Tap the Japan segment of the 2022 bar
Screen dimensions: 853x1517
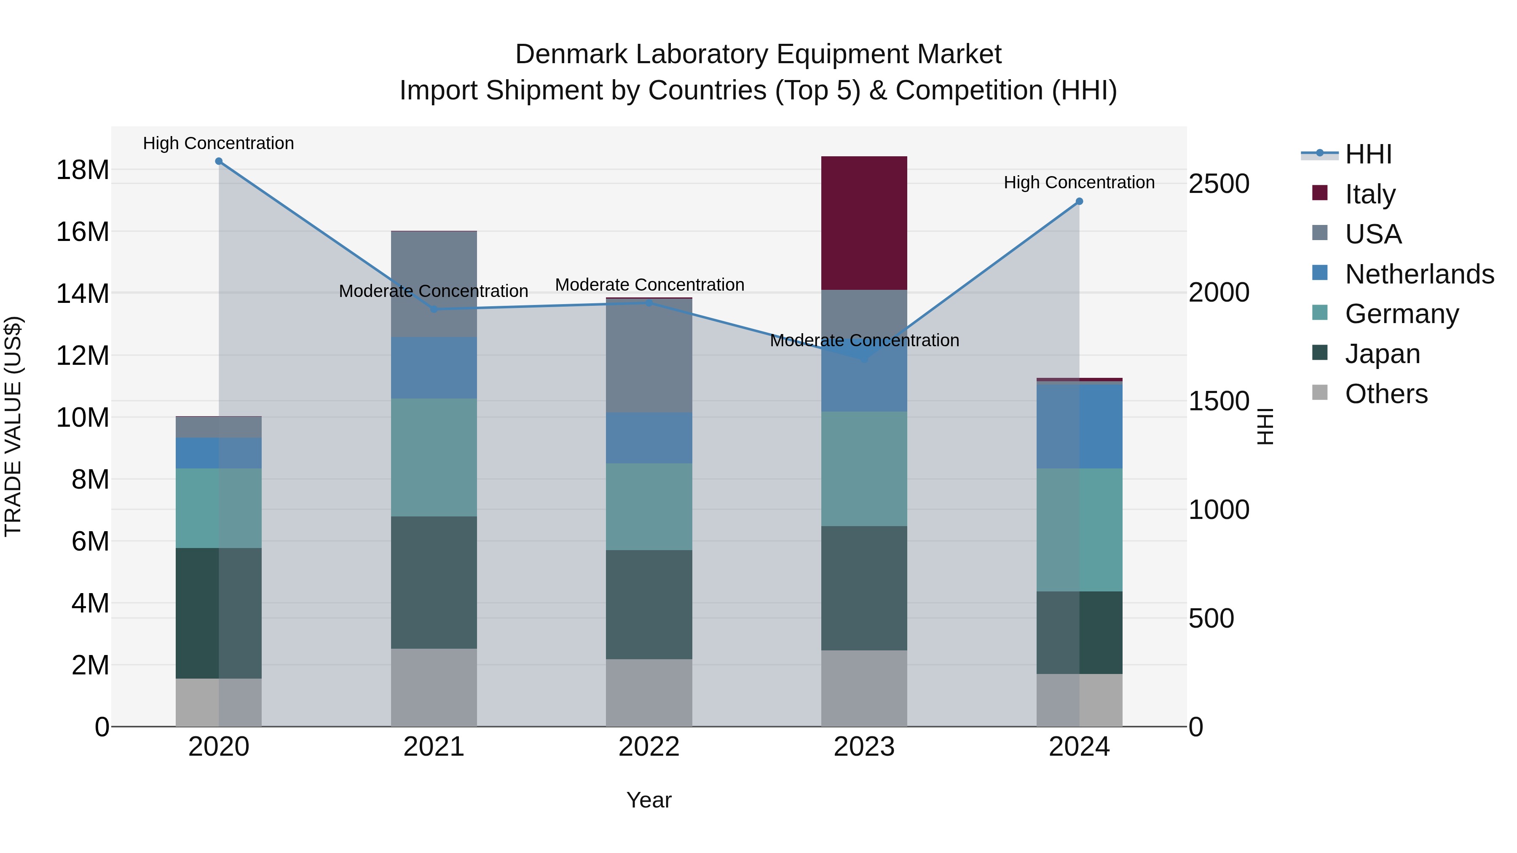(x=649, y=604)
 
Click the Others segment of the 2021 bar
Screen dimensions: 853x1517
(x=434, y=687)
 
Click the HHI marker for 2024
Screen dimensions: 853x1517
(x=1079, y=201)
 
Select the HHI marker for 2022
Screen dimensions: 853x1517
(x=649, y=302)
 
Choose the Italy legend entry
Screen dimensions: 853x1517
(x=1370, y=194)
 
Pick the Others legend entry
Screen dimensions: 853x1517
(x=1386, y=394)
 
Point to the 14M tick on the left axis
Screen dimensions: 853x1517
(x=83, y=293)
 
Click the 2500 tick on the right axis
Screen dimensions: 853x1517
(x=1218, y=184)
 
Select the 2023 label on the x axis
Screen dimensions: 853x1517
(x=864, y=747)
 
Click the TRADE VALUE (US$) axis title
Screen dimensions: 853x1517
(x=13, y=426)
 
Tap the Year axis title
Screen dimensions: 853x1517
(x=649, y=800)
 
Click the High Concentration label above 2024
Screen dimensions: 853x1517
(x=1079, y=182)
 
